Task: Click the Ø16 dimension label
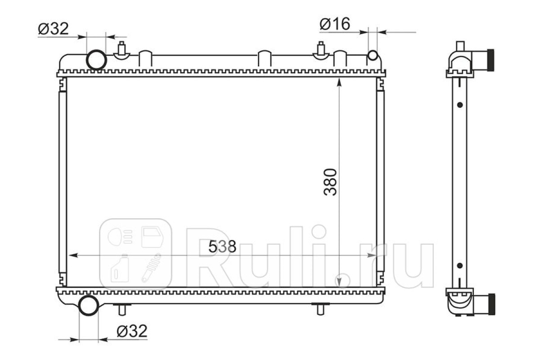[x=335, y=24]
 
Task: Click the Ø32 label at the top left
[x=53, y=29]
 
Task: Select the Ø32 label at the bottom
[x=132, y=331]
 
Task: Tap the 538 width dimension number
[x=222, y=247]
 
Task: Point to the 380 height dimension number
[x=330, y=182]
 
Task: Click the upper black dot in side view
[x=460, y=105]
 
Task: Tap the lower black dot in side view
[x=460, y=265]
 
